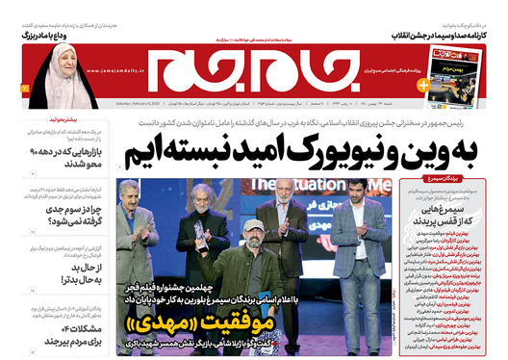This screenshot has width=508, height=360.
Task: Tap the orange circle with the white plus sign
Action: (x=423, y=85)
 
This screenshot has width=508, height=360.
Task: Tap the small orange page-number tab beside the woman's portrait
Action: (x=10, y=89)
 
